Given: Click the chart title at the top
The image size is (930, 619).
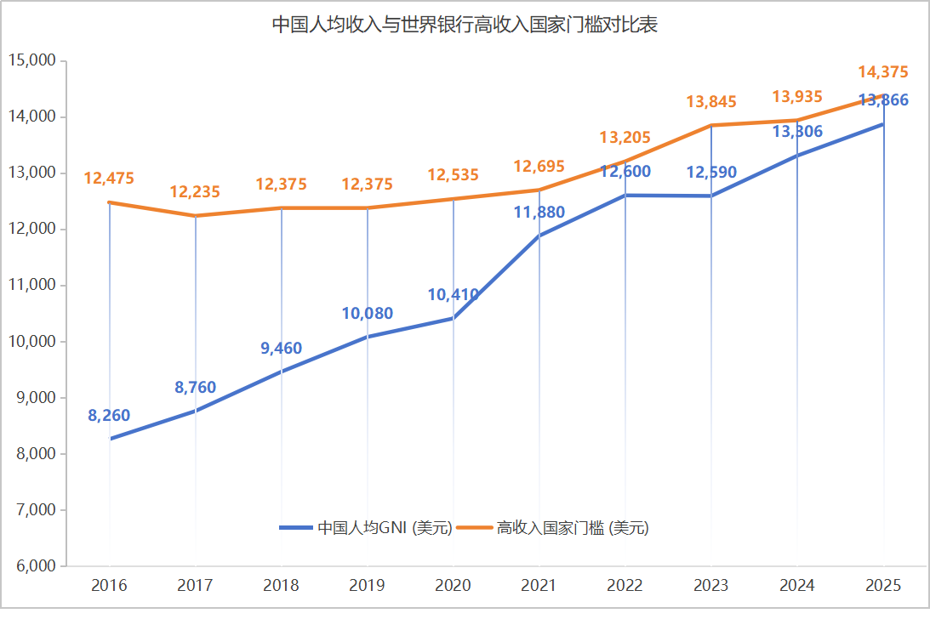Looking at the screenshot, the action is point(465,25).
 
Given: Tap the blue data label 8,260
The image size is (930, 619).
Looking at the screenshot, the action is point(109,415).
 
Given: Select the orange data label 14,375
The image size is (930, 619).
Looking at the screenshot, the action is point(883,71).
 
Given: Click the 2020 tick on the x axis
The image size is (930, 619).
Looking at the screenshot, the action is point(454,585).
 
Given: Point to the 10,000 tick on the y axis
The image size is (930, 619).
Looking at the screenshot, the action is point(32,341).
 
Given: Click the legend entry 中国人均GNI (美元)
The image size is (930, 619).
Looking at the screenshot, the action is point(366,527).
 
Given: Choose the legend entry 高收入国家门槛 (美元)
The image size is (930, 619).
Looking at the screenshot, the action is point(554,527).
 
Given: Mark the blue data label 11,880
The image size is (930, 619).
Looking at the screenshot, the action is point(539,212).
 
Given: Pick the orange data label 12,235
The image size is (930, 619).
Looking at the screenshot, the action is point(195,191).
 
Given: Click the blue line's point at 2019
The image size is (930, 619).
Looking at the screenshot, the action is point(367,337).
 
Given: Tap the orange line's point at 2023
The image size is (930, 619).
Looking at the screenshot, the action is point(711,126).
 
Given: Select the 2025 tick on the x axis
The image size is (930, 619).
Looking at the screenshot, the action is point(883,585).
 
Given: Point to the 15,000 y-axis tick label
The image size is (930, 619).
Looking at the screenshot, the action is point(32,60).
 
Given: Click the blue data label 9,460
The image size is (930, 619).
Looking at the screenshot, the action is point(281,348).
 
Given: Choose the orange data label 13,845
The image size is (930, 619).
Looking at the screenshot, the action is point(711,101).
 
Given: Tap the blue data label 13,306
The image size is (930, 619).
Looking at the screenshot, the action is point(797,131).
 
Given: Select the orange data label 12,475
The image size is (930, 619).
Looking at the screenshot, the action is point(109,178).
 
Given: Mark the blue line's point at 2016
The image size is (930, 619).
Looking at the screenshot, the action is point(110,439).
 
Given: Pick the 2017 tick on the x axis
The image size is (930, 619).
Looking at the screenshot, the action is point(195,585).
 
